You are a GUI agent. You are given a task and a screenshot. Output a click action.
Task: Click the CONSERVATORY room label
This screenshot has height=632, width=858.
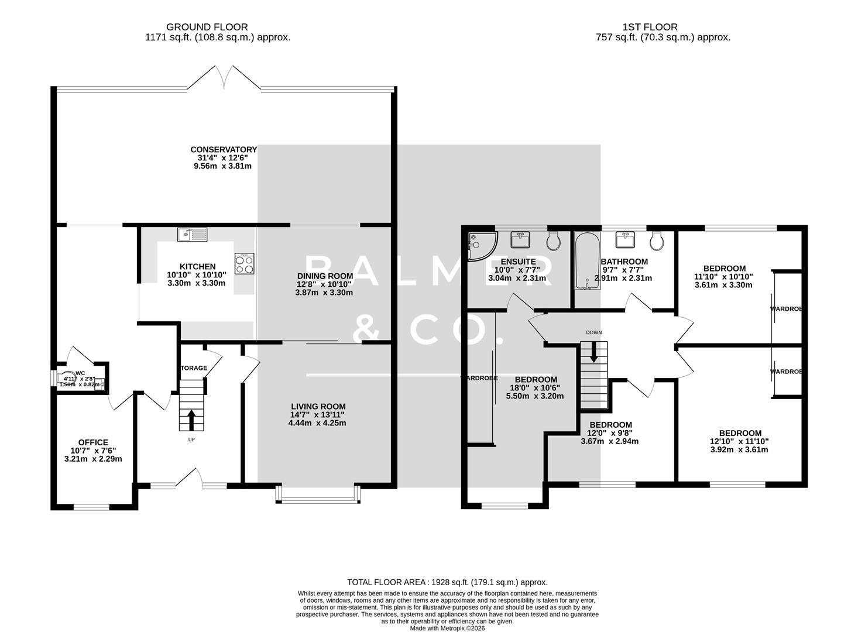point(223,150)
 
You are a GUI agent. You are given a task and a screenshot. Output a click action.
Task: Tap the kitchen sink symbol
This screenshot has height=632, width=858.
point(192,235)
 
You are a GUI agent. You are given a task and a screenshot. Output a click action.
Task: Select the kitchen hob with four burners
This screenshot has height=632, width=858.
point(245,264)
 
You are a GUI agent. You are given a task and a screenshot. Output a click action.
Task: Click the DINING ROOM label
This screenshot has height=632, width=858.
point(324,276)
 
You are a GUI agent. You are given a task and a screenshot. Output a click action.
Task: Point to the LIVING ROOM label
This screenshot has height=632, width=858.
point(318,407)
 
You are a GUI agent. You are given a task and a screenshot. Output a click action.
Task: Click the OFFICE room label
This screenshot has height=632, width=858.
point(93,442)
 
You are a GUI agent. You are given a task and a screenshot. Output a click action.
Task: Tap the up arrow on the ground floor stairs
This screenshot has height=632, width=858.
point(191,420)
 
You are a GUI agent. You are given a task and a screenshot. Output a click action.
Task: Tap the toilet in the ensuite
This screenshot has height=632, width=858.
point(553,239)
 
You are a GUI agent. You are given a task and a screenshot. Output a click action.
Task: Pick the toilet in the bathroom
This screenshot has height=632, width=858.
point(657,239)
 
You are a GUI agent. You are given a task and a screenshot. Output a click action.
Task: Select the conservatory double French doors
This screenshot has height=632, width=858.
point(224,78)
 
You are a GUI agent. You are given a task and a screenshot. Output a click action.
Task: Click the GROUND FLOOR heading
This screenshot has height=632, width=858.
point(207,27)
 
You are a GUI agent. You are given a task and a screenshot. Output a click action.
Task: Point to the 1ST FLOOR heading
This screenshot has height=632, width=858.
point(650,27)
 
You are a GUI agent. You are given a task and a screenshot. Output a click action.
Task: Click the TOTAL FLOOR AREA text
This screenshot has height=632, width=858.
point(447,582)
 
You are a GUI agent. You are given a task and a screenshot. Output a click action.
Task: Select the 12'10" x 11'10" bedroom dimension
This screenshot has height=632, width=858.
point(739,442)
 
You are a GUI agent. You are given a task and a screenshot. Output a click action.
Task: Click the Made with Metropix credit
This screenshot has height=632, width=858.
point(447,628)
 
